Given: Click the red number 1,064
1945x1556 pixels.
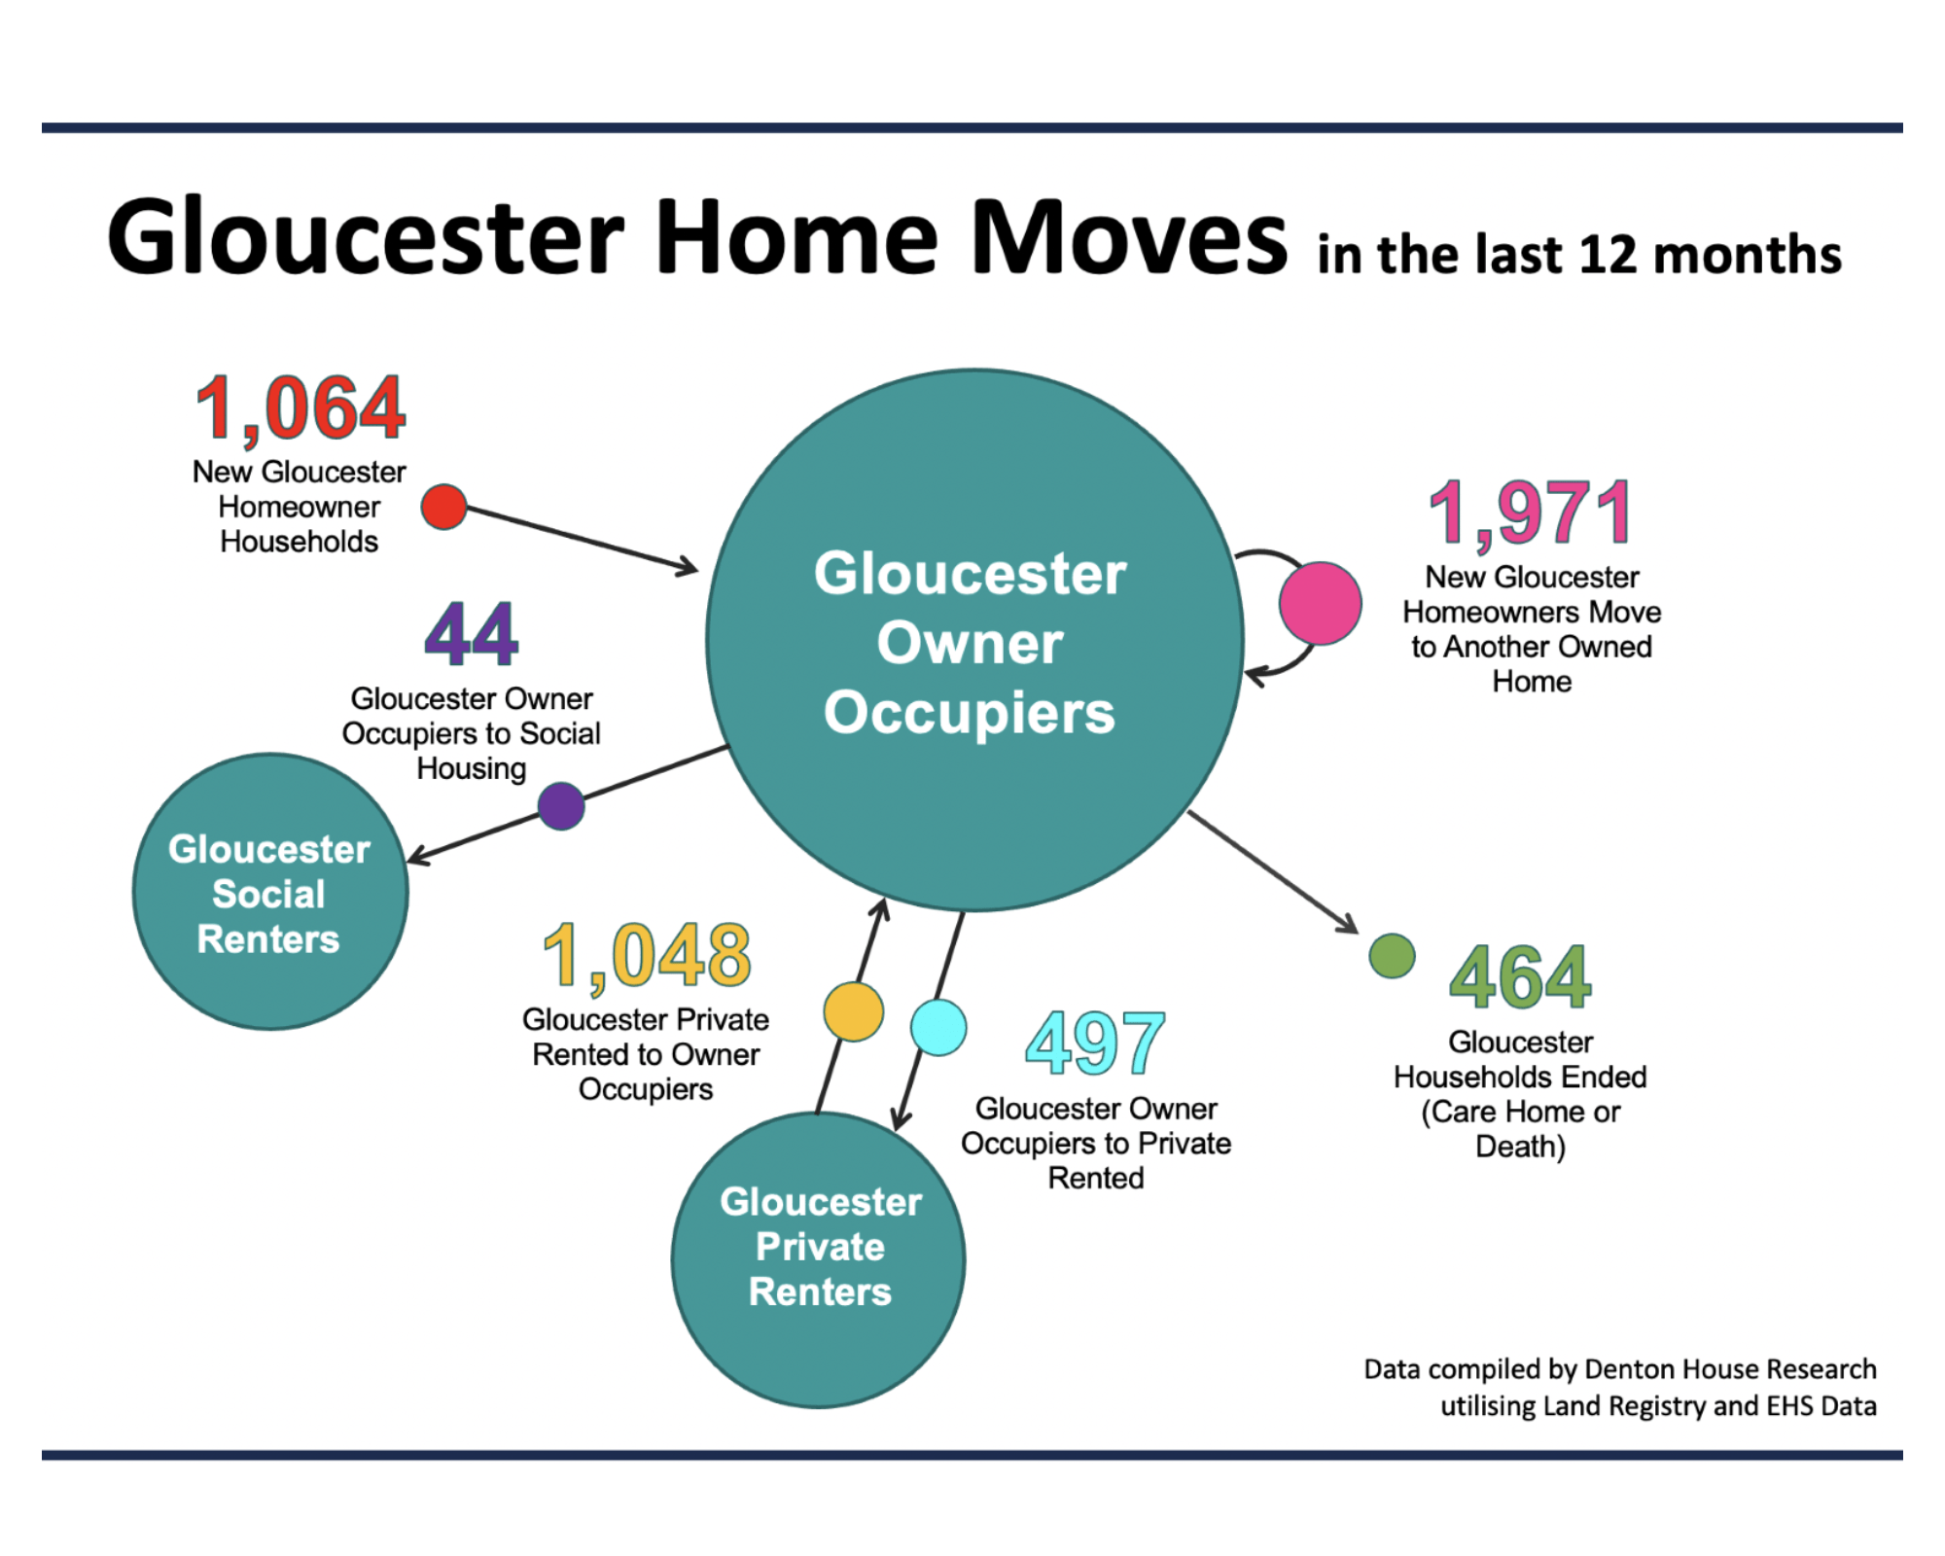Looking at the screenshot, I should coord(300,408).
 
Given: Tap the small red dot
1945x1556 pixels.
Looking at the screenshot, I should coord(443,507).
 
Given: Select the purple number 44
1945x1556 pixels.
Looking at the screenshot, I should coord(472,634).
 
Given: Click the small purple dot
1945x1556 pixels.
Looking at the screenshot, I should coord(561,806).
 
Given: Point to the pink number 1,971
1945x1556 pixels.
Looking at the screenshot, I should coord(1531,513).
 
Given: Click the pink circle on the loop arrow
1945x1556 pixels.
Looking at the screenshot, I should coord(1320,603).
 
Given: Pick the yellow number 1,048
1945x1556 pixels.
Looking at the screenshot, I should coord(647,955).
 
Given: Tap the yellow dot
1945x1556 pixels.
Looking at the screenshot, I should coord(853,1011).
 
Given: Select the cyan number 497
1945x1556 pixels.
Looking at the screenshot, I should coord(1095,1043).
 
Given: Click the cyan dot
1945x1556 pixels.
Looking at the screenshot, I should coord(938,1027).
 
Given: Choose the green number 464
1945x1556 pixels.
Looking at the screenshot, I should coord(1520,976).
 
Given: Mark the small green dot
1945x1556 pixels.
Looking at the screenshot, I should coord(1392,956).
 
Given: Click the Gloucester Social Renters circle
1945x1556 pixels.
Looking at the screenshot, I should coord(270,892).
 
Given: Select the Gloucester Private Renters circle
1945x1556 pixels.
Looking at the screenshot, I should coord(819,1259).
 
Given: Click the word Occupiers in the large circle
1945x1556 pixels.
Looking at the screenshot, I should coord(970,712).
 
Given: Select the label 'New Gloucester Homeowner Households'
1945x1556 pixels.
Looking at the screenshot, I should coord(300,507).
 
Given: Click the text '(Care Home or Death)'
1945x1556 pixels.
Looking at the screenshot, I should coord(1520,1128).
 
